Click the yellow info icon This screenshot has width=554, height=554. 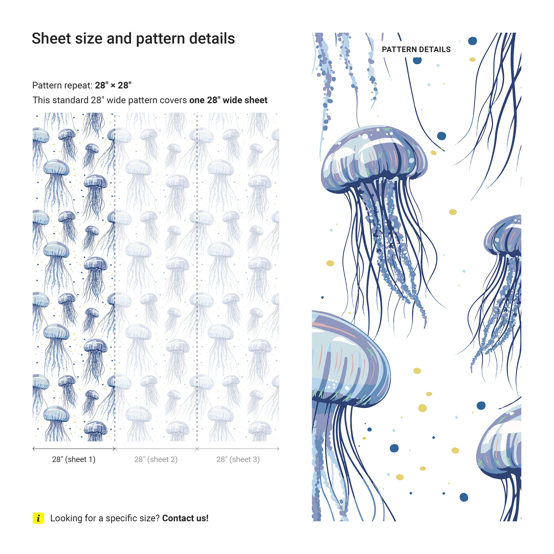pyautogui.click(x=38, y=518)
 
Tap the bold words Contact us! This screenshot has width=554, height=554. pyautogui.click(x=185, y=518)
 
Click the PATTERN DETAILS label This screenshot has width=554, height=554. pyautogui.click(x=416, y=50)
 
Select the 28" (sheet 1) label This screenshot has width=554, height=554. pyautogui.click(x=74, y=459)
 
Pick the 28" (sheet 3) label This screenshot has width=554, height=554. pyautogui.click(x=238, y=459)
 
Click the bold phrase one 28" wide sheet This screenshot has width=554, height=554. pyautogui.click(x=228, y=100)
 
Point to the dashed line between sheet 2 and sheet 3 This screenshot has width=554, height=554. pyautogui.click(x=197, y=277)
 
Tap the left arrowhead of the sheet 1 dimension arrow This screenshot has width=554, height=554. pyautogui.click(x=34, y=449)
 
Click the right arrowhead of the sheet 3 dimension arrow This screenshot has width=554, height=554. pyautogui.click(x=278, y=449)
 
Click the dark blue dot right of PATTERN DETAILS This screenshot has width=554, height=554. pyautogui.click(x=473, y=41)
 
